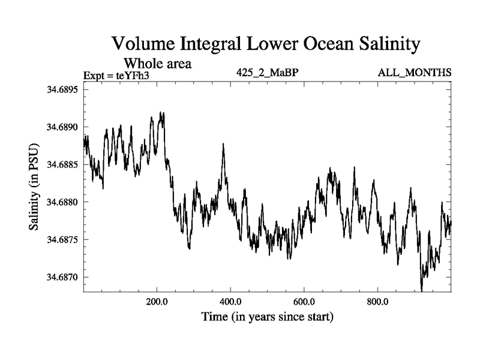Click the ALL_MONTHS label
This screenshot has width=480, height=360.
(x=415, y=73)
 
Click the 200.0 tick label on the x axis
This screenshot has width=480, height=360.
(x=157, y=301)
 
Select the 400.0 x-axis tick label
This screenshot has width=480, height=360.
(x=230, y=301)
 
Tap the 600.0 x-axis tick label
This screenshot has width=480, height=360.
(x=304, y=301)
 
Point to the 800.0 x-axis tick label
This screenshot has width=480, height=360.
(x=377, y=301)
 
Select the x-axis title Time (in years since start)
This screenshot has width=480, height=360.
(x=267, y=316)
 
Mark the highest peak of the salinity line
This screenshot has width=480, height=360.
(x=160, y=112)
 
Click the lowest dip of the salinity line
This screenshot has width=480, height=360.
(x=421, y=291)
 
